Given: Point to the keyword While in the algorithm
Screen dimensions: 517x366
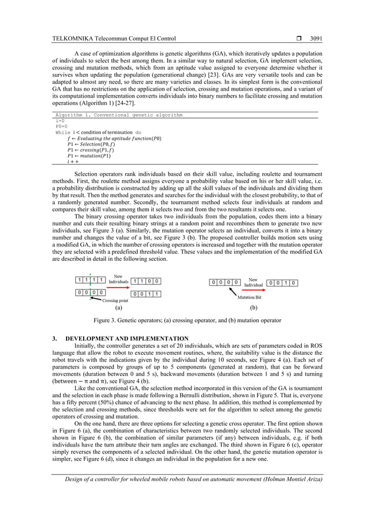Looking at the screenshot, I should point(63,132).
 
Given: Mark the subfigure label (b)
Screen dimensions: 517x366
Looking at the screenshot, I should point(254,307).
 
